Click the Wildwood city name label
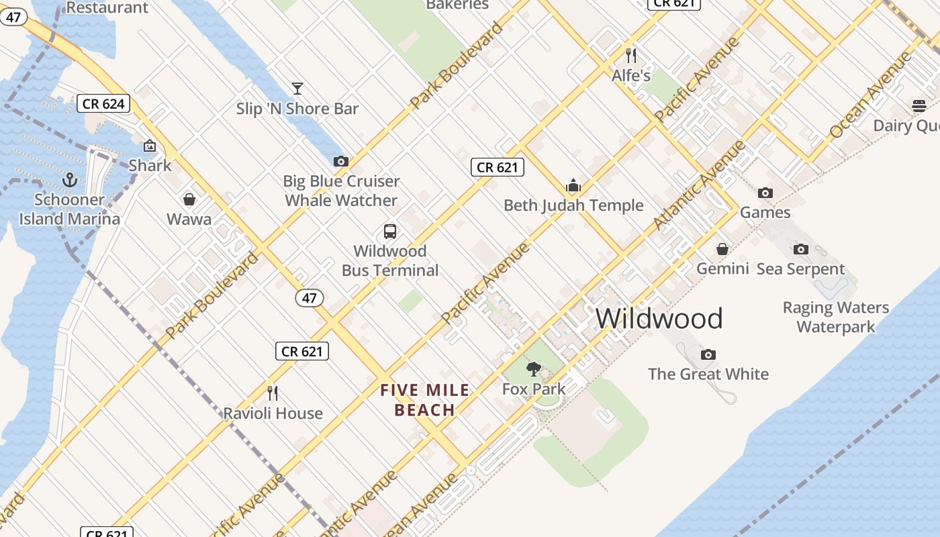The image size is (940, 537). pos(659,318)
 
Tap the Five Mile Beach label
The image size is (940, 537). pos(425,400)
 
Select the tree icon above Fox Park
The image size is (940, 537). pos(534,369)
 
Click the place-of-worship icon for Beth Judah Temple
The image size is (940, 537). pos(573,185)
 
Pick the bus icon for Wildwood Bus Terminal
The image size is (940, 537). pos(390,232)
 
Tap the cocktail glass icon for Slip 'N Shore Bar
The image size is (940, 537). pos(297,89)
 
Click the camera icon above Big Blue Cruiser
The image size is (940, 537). pos(341,161)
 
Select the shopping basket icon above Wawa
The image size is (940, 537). pos(189,199)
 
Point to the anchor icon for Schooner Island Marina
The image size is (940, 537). pos(70,180)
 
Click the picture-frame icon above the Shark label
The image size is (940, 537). pos(150,146)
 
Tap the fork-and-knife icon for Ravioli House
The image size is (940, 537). pos(273,393)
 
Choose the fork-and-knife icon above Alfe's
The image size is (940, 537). pos(630,55)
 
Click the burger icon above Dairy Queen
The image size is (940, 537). pos(919,106)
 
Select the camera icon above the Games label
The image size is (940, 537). pos(765,193)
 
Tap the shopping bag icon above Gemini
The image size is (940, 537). pos(722,250)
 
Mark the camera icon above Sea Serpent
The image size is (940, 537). pos(800,250)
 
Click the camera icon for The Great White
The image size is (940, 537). pos(708,354)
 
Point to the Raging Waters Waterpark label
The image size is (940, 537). pos(836,318)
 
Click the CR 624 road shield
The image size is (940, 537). pos(103,103)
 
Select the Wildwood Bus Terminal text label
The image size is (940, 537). pos(390,260)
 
